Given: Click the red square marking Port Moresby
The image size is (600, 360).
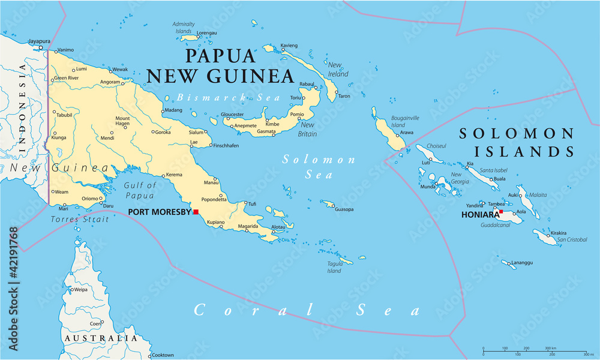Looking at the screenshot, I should coord(196,211).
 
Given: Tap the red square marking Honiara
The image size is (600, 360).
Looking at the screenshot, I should coord(501,211).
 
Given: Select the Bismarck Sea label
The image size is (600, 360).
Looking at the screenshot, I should coord(211,97).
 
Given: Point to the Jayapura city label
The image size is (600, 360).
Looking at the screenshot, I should coord(39,41).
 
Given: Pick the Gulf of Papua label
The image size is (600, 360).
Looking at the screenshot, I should coord(140,190).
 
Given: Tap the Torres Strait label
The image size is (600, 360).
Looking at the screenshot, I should coord(80,220).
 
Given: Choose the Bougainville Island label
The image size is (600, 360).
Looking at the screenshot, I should coord(406,122).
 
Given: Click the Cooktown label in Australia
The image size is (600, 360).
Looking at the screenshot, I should coord(161,355).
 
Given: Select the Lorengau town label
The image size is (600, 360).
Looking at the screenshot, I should coord(207,34).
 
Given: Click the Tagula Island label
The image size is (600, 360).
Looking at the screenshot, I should coord(335,266).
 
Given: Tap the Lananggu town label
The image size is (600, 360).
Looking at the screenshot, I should coord(521,262).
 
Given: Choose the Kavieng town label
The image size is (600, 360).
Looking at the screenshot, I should coord(289,46).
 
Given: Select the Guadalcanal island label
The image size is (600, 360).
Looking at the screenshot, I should coord(495,225).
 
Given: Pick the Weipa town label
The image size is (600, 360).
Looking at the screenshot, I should coord(80,290).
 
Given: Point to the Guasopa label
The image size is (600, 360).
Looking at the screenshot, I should coord(344,209).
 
